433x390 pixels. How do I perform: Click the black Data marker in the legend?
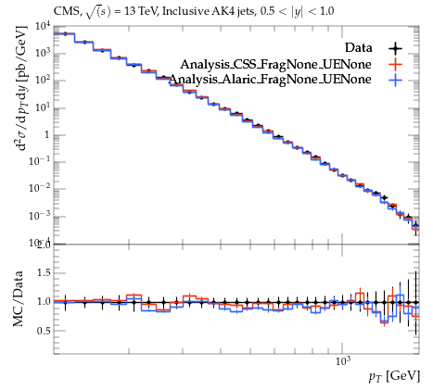395,48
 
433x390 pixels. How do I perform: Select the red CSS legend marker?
395,64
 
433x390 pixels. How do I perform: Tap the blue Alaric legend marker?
395,80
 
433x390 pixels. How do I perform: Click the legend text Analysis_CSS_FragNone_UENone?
275,64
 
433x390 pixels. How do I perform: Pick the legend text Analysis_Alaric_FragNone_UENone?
271,80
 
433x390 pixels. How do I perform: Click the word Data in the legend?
359,48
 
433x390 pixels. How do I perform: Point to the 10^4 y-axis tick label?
43,27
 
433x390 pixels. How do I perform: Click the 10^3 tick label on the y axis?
43,54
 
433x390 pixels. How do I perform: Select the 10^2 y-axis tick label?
43,81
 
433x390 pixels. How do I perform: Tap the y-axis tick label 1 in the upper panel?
47,135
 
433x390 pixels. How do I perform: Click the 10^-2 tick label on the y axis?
40,189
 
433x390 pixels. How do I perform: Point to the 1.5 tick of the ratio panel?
44,273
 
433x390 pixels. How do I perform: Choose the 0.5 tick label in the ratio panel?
44,331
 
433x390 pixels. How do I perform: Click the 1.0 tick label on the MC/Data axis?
44,302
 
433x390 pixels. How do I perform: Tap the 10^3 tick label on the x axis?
342,360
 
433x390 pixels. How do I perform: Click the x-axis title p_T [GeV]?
394,376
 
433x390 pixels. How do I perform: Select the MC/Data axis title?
18,298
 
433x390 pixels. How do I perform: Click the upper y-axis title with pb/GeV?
22,89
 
